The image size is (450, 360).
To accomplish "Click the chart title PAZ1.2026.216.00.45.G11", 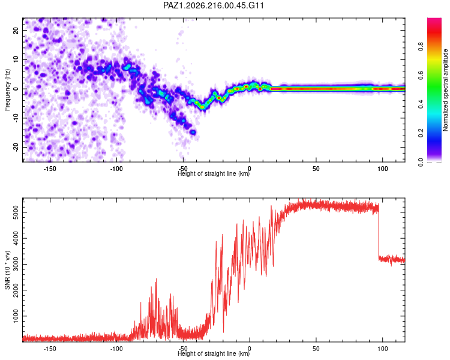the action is tap(213, 5).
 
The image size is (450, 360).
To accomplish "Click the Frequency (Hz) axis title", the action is tap(7, 90).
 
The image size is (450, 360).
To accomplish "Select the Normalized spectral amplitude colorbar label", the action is tap(445, 90).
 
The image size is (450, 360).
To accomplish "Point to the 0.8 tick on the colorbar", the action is tap(421, 46).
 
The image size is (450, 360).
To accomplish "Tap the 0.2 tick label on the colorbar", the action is tap(421, 133).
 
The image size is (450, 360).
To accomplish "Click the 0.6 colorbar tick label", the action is tap(421, 75).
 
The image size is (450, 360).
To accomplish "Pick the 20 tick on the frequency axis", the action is tap(16, 30).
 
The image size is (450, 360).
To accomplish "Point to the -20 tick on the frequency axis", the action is tap(16, 147).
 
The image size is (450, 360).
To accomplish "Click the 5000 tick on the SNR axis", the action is tap(16, 212).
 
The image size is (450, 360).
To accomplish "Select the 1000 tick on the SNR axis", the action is tap(16, 316).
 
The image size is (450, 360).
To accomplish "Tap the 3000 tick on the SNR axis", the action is tap(16, 264).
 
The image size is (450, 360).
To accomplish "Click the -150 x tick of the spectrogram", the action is tap(50, 169).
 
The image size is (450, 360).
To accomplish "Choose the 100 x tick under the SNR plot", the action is tap(383, 349).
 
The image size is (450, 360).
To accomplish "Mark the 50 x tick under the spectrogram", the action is tap(316, 169).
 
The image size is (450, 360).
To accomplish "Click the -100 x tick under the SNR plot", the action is tap(116, 349).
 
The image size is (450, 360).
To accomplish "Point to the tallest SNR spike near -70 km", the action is tap(156, 279).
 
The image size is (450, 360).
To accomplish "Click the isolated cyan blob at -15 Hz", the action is tap(193, 132).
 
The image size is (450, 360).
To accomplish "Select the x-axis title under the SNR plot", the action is tap(214, 353).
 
